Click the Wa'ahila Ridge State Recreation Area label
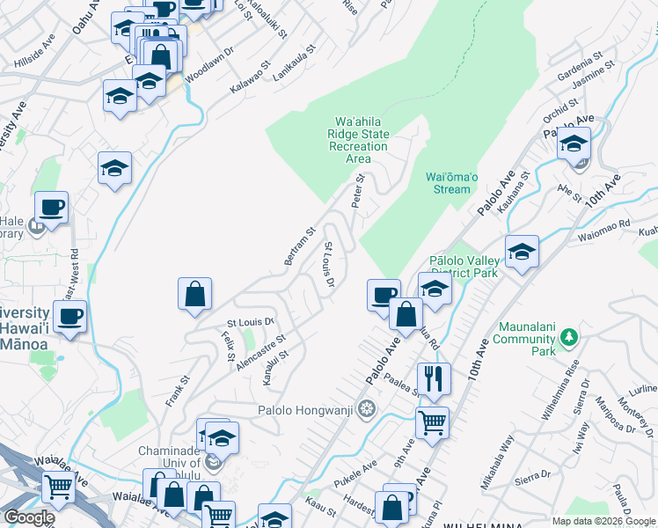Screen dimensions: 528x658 [x=358, y=140]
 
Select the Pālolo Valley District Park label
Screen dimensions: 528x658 [x=464, y=267]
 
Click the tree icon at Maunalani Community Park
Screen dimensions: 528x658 [x=569, y=337]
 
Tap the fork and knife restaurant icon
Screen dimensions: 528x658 [x=433, y=378]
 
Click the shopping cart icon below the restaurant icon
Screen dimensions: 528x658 [x=431, y=423]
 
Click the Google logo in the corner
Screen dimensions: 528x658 [x=29, y=517]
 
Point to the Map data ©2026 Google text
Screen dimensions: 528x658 [x=603, y=521]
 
